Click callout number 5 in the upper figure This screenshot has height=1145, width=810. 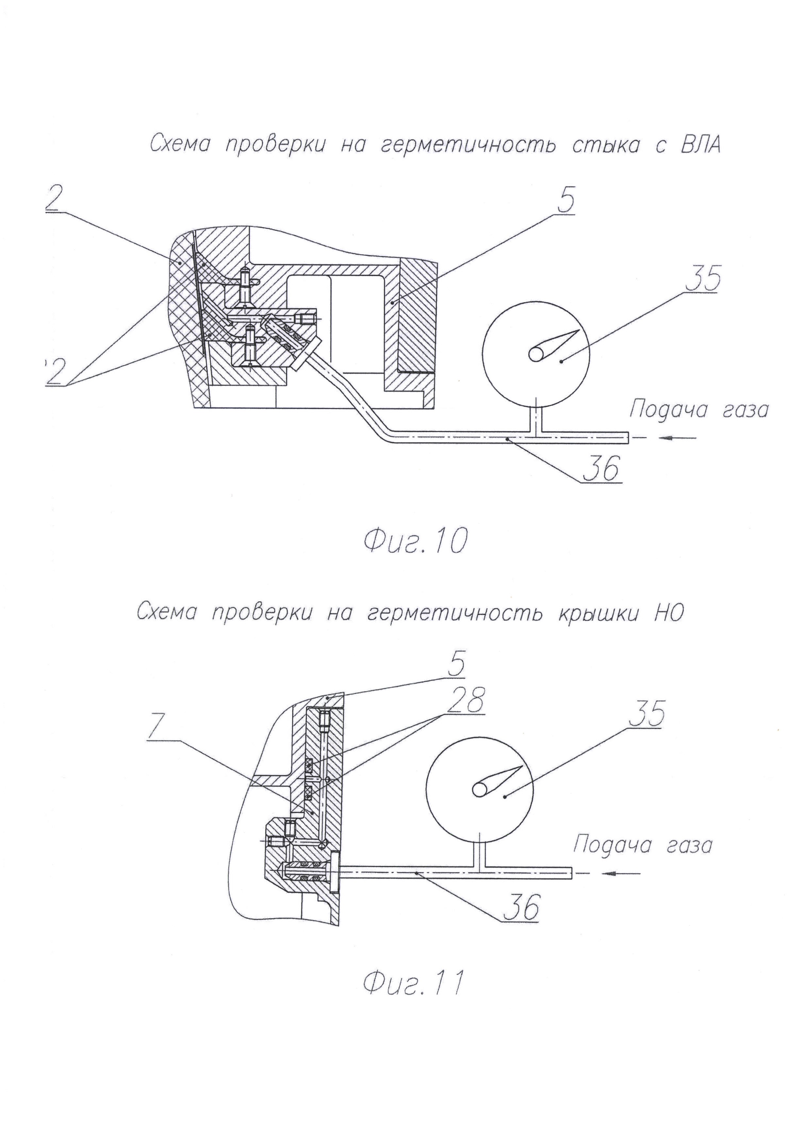click(x=565, y=200)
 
